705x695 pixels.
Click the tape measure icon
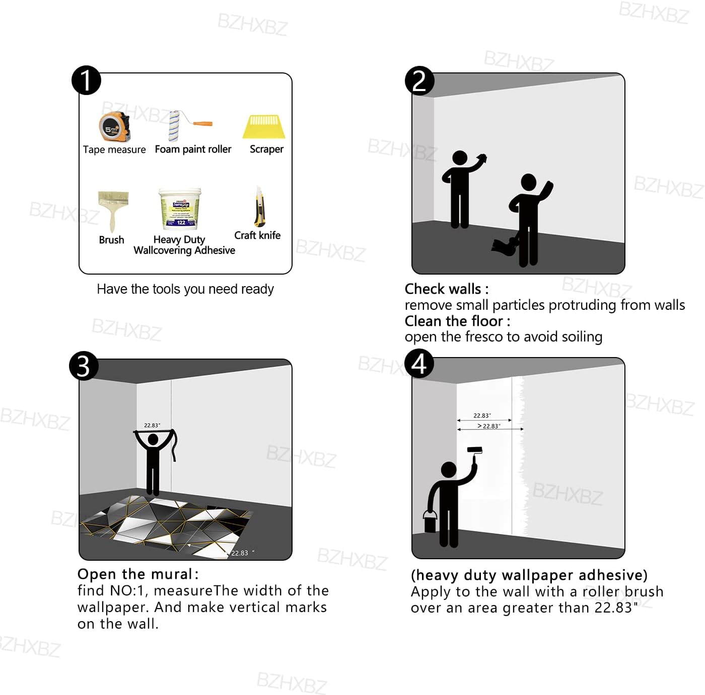(x=114, y=127)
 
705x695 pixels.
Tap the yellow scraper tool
(x=264, y=127)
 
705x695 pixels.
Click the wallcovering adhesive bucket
(x=180, y=209)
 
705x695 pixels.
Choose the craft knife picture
(x=259, y=207)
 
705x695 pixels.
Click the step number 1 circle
(x=86, y=80)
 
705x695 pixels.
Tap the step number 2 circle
(x=419, y=80)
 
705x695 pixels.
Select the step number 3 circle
(x=84, y=366)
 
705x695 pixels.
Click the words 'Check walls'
(x=443, y=289)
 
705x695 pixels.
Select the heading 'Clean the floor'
(x=454, y=321)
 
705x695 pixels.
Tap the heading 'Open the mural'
(x=135, y=574)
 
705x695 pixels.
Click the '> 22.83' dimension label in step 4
(x=488, y=426)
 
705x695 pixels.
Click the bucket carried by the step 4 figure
(x=430, y=522)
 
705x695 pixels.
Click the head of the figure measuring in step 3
(x=153, y=440)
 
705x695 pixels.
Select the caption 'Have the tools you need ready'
(x=185, y=289)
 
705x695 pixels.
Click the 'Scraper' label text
(x=266, y=149)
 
